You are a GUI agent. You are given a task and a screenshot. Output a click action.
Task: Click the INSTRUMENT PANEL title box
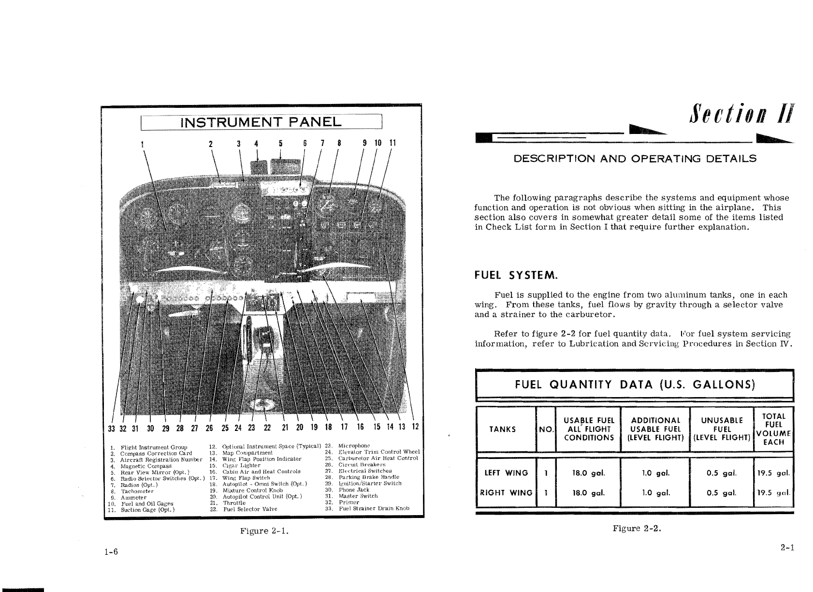[x=261, y=122]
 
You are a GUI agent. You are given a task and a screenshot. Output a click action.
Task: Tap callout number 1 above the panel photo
[x=142, y=144]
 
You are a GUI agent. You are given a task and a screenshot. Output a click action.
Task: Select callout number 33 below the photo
[x=111, y=428]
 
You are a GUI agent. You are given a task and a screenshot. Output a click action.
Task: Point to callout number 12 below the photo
[x=415, y=427]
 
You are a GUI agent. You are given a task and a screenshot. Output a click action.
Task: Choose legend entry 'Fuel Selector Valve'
[x=250, y=509]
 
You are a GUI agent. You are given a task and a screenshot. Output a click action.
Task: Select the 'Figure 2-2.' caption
[x=637, y=528]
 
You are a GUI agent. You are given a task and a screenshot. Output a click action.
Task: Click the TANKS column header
[x=502, y=429]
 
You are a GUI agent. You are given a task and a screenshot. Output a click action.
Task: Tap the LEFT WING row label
[x=506, y=473]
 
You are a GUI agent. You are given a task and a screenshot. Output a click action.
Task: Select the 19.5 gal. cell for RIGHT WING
[x=773, y=493]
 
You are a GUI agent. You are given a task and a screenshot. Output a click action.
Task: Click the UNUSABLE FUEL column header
[x=722, y=429]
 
